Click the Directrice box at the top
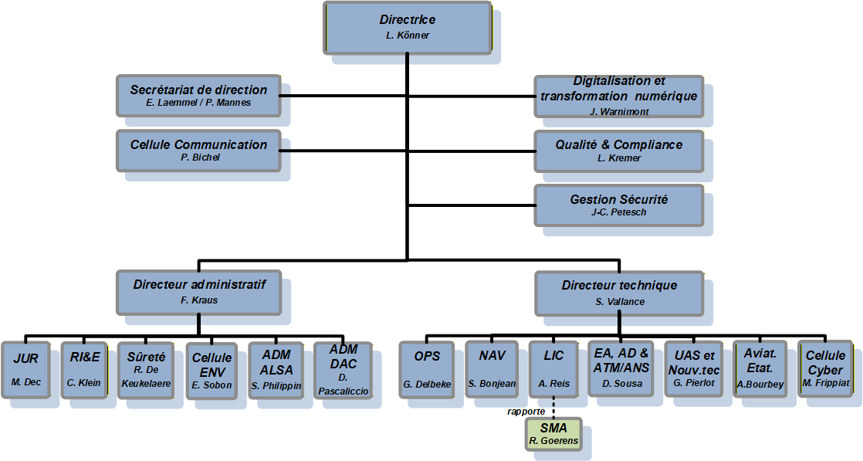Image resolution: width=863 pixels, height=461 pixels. (x=408, y=27)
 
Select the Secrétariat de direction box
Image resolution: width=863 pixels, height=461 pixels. (x=198, y=96)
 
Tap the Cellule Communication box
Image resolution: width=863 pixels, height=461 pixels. (x=198, y=150)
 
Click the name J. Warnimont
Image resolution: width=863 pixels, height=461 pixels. (x=619, y=111)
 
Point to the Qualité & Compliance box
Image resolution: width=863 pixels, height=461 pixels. (x=619, y=150)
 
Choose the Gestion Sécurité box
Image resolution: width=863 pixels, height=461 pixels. (x=619, y=205)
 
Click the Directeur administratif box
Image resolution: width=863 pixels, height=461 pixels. (x=198, y=292)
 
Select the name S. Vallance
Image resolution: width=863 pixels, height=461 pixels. (x=619, y=301)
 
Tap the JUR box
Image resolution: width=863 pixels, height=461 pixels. (x=25, y=369)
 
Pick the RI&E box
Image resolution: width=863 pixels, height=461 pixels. (x=84, y=369)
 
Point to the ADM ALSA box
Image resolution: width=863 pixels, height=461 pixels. (x=276, y=369)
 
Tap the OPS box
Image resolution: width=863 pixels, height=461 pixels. (x=427, y=368)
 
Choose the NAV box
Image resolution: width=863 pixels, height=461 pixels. (x=492, y=368)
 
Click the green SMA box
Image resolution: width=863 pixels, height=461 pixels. (x=553, y=433)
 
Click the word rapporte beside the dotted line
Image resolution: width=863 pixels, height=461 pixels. (x=526, y=411)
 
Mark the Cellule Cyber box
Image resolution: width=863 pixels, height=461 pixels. (x=825, y=368)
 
